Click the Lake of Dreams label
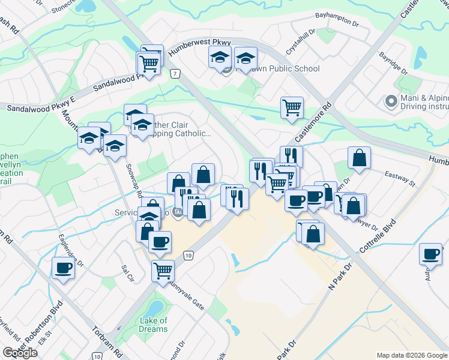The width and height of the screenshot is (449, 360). pyautogui.click(x=153, y=325)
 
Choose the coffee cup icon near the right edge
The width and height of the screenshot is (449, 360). pyautogui.click(x=430, y=254)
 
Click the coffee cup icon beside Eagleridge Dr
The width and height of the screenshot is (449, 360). pyautogui.click(x=63, y=268)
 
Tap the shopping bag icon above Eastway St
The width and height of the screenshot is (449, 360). pyautogui.click(x=359, y=158)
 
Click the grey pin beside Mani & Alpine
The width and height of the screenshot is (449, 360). pyautogui.click(x=391, y=101)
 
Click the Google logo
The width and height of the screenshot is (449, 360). pyautogui.click(x=20, y=353)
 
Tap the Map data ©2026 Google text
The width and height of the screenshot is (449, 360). pyautogui.click(x=411, y=355)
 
